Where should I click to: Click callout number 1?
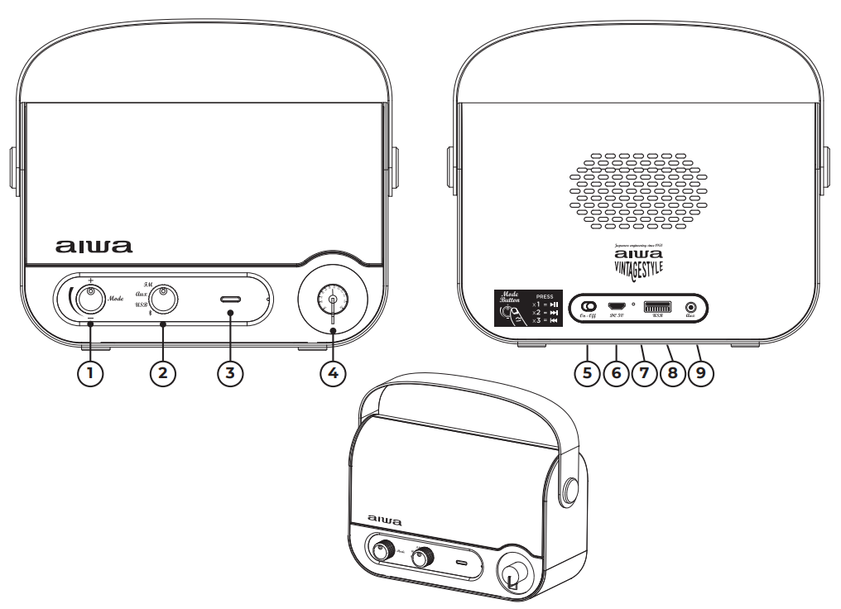click(x=91, y=372)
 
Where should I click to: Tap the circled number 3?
click(x=230, y=372)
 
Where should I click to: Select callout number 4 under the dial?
click(x=333, y=372)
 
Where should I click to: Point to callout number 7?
click(x=643, y=372)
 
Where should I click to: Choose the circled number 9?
click(x=700, y=372)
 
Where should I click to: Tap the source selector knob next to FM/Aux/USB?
click(x=165, y=300)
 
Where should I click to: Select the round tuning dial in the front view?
click(x=332, y=300)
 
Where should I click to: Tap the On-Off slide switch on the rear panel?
click(x=589, y=305)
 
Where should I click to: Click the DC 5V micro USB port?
click(x=617, y=305)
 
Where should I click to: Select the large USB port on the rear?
click(x=656, y=305)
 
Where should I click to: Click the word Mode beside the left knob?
click(x=116, y=297)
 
